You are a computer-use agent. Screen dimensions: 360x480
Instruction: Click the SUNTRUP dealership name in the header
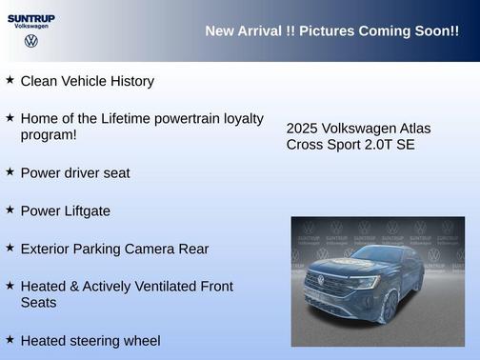click(x=31, y=17)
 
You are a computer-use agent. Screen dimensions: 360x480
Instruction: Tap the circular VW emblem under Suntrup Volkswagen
click(x=31, y=41)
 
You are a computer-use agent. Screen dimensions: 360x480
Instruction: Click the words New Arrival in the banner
click(x=243, y=31)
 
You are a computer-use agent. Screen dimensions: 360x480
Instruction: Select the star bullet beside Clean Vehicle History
click(x=10, y=80)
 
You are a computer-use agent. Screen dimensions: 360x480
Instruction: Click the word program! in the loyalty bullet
click(x=49, y=135)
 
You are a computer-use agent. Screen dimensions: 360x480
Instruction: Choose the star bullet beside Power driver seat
click(x=10, y=171)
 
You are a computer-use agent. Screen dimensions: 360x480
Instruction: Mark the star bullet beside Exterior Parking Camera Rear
click(x=10, y=248)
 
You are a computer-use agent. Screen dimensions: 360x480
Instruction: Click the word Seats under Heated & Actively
click(x=39, y=303)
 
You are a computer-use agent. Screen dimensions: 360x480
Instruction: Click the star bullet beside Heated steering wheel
click(x=10, y=339)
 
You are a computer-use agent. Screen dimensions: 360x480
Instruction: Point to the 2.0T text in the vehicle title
click(x=374, y=145)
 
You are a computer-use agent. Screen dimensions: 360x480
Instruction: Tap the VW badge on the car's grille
click(x=320, y=280)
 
